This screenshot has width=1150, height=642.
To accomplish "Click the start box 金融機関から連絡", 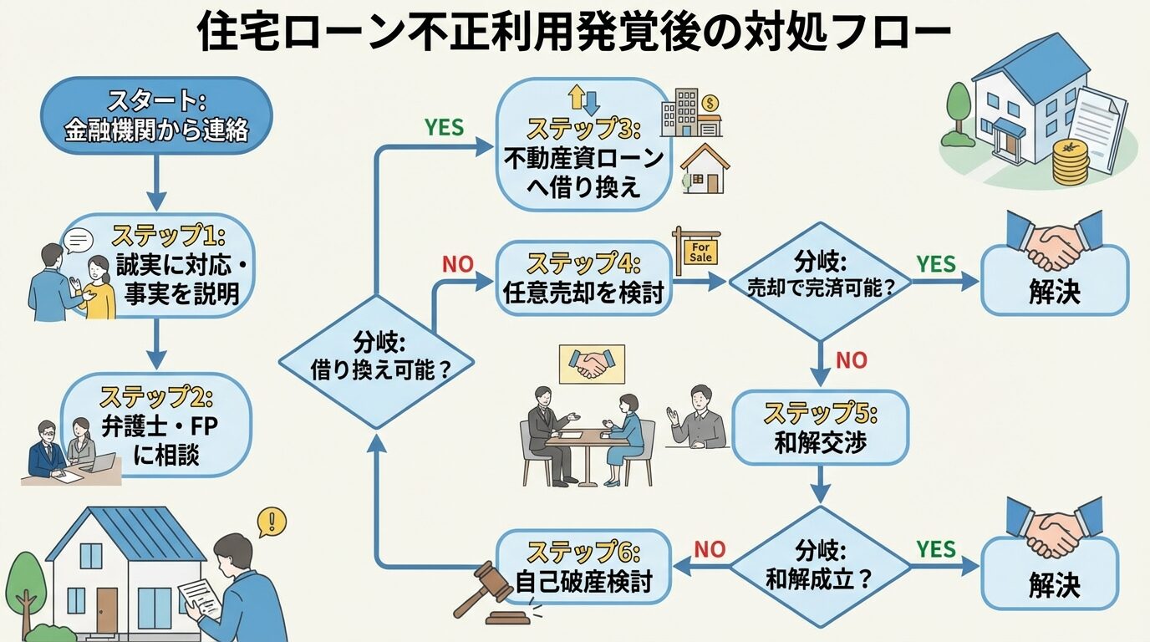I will (156, 115).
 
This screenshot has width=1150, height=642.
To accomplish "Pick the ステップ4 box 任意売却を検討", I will (583, 278).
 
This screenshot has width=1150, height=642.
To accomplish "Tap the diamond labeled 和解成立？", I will (820, 566).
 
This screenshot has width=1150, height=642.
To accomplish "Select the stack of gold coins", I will (1070, 163).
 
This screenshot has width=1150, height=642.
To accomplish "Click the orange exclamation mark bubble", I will (272, 522).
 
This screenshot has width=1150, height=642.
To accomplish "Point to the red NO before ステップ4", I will (457, 265).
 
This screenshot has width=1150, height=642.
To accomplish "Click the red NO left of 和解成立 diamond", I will (710, 549).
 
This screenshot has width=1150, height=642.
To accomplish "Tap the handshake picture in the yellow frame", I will (591, 364).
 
